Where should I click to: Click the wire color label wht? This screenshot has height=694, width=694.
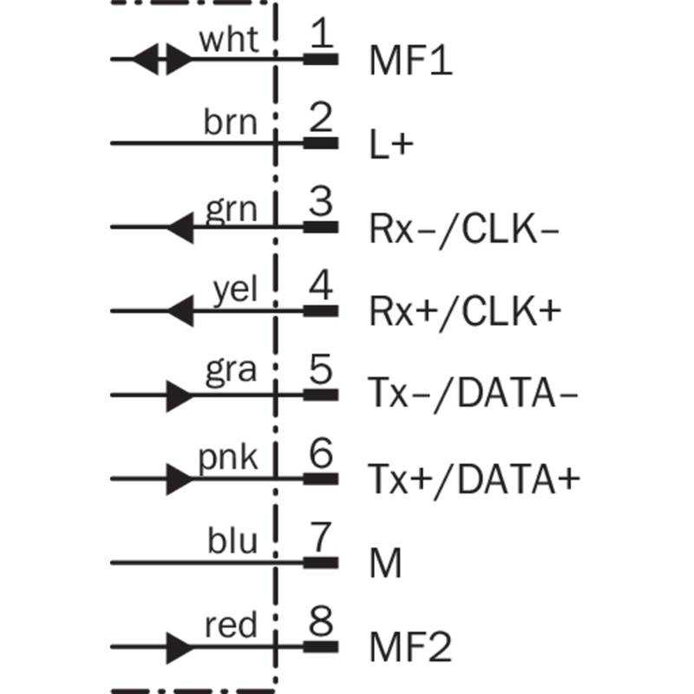[229, 39]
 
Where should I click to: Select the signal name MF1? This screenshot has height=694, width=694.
[410, 60]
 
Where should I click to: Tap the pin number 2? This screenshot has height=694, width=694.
[320, 117]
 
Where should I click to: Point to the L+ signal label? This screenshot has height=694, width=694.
[391, 144]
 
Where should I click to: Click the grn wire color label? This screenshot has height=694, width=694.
[231, 209]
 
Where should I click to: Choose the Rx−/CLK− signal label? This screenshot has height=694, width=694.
[464, 230]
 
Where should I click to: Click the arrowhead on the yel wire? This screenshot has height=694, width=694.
[180, 311]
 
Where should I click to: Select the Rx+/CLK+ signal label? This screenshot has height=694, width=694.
[465, 312]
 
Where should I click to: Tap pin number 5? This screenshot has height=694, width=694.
[320, 369]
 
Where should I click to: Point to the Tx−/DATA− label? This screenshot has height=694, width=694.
[473, 394]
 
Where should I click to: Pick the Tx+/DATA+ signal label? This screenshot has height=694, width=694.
[474, 480]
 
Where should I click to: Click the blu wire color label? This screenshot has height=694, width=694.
[232, 540]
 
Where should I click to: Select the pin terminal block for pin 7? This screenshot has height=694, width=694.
[321, 563]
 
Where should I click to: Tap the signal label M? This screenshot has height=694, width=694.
[385, 563]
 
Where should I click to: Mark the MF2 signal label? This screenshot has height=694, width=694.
[410, 647]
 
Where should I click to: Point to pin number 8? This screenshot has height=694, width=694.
[320, 620]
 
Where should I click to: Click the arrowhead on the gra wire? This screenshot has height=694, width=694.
[180, 396]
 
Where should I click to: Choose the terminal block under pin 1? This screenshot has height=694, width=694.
[321, 59]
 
